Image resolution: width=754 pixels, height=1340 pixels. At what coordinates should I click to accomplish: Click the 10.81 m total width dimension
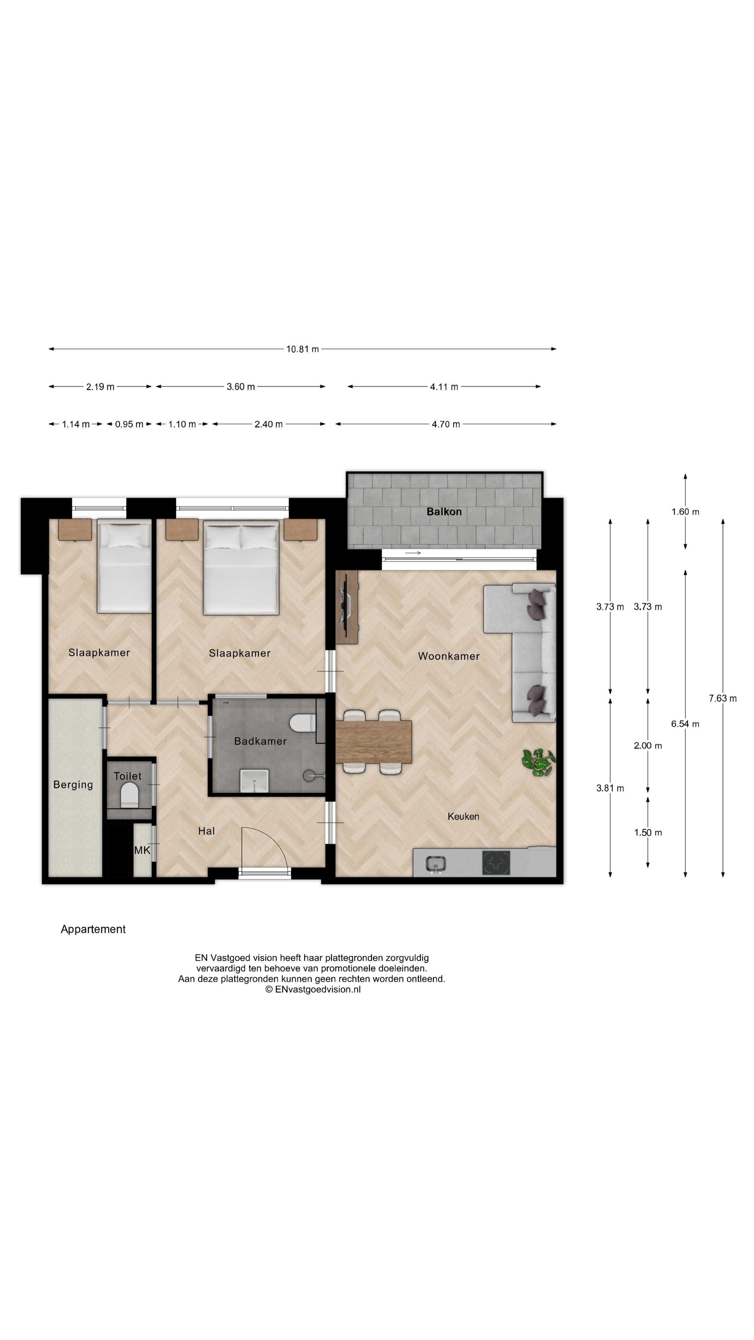pos(302,349)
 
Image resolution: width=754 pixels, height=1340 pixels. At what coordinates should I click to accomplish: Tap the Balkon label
pos(444,511)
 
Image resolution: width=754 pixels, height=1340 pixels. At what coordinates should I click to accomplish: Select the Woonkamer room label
pos(449,656)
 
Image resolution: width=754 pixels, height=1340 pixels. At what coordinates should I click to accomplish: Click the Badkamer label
pos(260,741)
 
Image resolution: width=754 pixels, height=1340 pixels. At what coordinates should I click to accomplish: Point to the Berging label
pos(73,784)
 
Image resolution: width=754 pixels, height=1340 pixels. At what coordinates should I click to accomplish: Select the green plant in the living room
pos(539,762)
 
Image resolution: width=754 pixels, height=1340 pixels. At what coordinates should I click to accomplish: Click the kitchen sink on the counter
pos(435,864)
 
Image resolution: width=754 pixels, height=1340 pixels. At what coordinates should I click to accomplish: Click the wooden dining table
pos(374,741)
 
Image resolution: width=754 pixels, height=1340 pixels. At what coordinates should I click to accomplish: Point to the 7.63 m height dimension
pos(722,698)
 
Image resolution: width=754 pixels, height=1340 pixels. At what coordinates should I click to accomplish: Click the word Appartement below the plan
pos(93,929)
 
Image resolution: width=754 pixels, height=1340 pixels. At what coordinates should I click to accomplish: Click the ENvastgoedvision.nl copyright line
pos(313,989)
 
